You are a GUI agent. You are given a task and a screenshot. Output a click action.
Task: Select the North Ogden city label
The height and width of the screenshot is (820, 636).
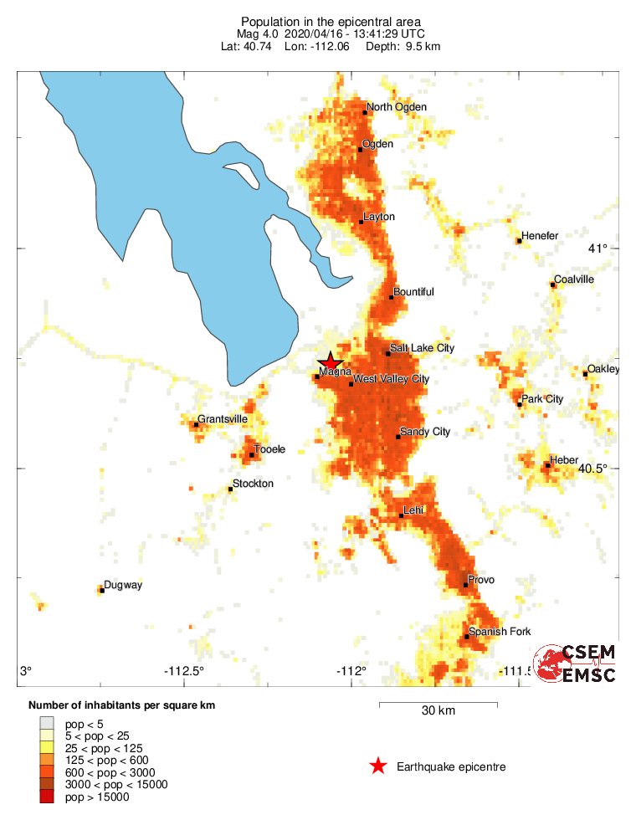[397, 107]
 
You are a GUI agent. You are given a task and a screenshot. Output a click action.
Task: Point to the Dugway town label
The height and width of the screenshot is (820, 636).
[123, 586]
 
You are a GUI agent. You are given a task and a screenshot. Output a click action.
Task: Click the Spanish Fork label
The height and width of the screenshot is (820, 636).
[500, 632]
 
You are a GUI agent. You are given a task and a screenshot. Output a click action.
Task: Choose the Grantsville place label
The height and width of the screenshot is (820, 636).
[223, 419]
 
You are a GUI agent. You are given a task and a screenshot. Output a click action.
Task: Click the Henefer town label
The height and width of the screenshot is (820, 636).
[540, 236]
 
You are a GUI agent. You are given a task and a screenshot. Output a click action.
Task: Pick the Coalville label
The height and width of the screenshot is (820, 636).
[574, 279]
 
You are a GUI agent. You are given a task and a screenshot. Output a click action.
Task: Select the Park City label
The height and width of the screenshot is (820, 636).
[542, 399]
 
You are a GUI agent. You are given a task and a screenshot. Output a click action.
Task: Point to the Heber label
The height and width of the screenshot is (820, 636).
[564, 460]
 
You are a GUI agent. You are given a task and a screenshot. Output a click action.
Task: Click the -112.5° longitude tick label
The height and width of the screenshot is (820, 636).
[183, 671]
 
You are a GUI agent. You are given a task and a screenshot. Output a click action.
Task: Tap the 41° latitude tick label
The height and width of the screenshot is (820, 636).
[598, 249]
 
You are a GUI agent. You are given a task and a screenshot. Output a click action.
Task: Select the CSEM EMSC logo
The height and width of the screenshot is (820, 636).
[577, 664]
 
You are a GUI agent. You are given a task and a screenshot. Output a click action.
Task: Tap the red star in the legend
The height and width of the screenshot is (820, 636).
[378, 766]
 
